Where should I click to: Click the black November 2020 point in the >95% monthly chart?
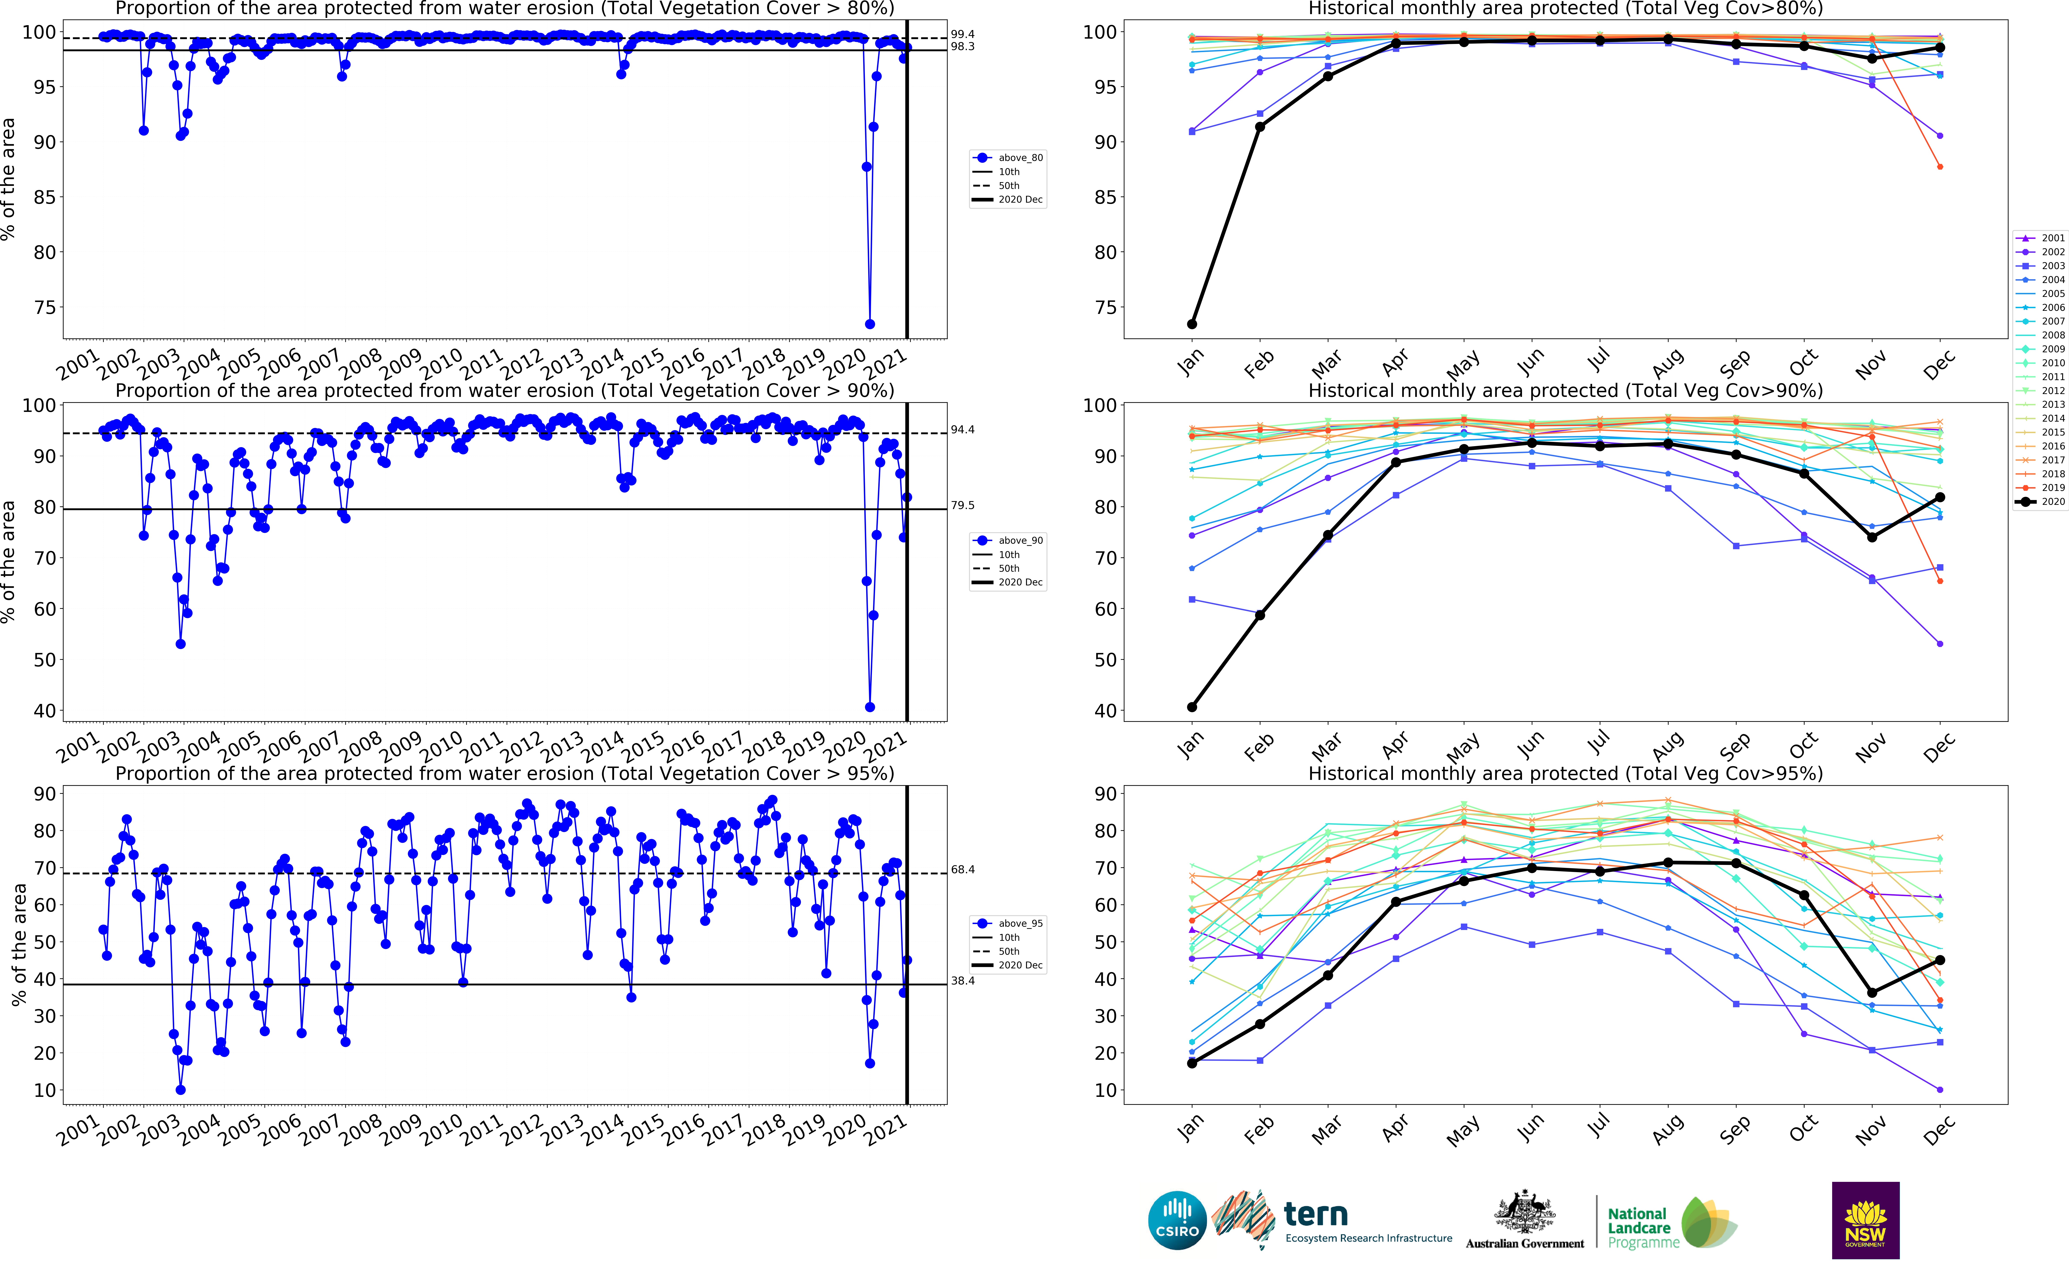[1872, 992]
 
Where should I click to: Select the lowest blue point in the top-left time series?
[869, 324]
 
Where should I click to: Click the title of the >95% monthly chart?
[1565, 773]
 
